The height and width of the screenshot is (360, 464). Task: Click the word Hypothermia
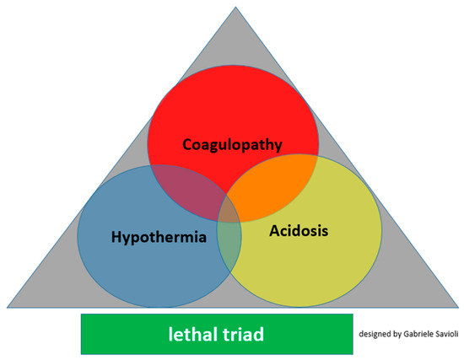tap(159, 237)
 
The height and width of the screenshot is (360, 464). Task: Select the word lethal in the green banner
tap(191, 334)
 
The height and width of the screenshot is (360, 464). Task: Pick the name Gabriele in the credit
tap(417, 335)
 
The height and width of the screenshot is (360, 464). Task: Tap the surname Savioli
tap(446, 335)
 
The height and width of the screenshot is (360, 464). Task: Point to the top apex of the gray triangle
tap(233, 6)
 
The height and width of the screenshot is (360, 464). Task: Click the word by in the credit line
tap(398, 335)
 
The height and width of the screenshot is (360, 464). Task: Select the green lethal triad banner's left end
tap(84, 334)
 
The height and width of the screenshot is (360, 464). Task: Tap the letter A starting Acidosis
tap(274, 229)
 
